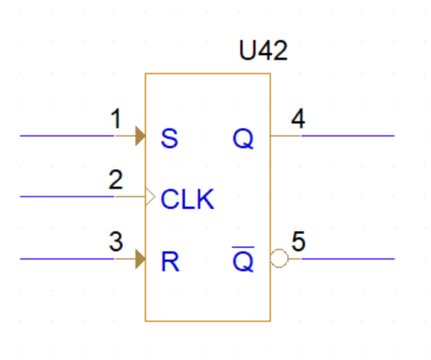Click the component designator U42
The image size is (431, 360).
(263, 51)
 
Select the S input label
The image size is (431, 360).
(169, 139)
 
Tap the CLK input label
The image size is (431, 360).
(187, 199)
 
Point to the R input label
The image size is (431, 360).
(170, 261)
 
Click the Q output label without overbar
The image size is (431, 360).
(244, 139)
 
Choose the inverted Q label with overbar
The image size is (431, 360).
(244, 260)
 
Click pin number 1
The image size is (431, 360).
(116, 119)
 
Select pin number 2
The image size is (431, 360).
(116, 181)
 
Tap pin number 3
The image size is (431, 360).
(116, 242)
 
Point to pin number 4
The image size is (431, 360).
(298, 119)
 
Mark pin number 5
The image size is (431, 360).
(299, 242)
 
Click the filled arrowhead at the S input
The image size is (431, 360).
(140, 136)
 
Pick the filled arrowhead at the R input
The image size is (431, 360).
(140, 259)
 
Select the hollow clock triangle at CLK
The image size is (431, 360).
(149, 197)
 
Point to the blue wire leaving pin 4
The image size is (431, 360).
(348, 136)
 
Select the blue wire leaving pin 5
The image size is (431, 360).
(348, 259)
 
